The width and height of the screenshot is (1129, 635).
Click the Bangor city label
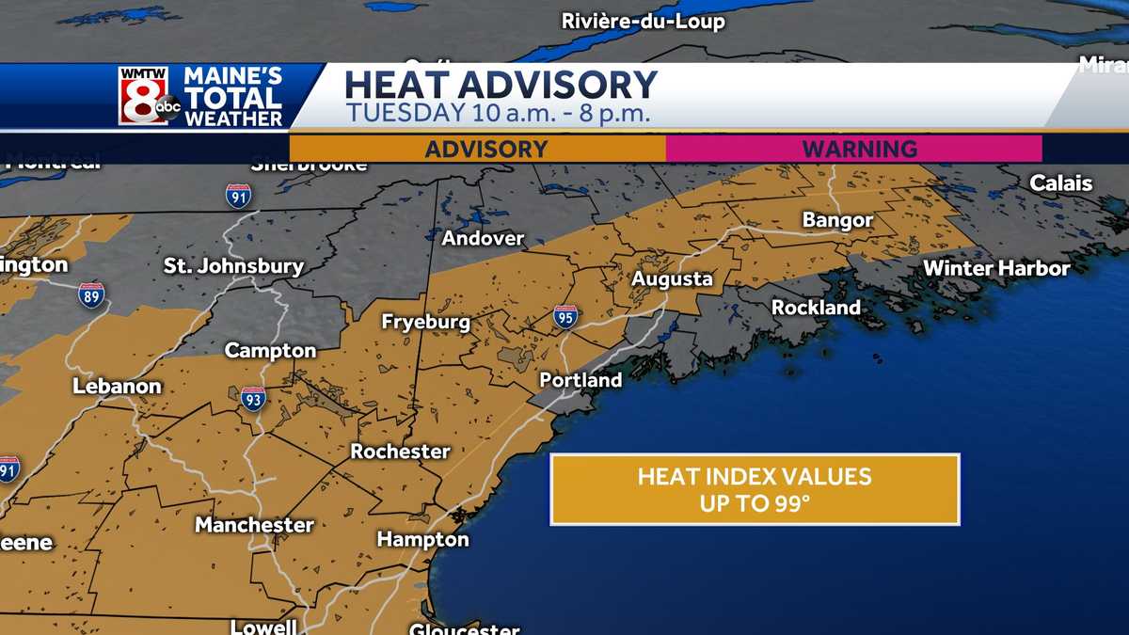(837, 221)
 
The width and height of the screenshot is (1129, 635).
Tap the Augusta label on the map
(672, 279)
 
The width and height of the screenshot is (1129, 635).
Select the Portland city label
(580, 380)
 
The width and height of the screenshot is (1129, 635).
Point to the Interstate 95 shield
(565, 316)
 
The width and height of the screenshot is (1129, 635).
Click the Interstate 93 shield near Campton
(252, 398)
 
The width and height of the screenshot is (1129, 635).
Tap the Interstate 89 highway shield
(91, 294)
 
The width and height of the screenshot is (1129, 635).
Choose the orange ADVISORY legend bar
(477, 149)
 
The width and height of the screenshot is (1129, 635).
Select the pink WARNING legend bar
(854, 149)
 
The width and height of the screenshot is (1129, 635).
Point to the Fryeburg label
(425, 322)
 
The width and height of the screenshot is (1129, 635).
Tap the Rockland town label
(816, 308)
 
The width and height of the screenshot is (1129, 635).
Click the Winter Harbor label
(996, 269)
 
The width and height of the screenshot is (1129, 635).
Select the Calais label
(1061, 183)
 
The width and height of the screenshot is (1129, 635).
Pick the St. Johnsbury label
(234, 266)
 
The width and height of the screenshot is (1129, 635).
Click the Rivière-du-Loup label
(644, 21)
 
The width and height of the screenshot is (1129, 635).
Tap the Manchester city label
(254, 525)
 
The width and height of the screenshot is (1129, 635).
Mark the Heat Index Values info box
(755, 489)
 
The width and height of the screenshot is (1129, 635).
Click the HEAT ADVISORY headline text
(501, 85)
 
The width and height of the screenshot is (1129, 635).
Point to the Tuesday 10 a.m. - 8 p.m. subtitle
(499, 114)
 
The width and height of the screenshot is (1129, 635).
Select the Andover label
(484, 238)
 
